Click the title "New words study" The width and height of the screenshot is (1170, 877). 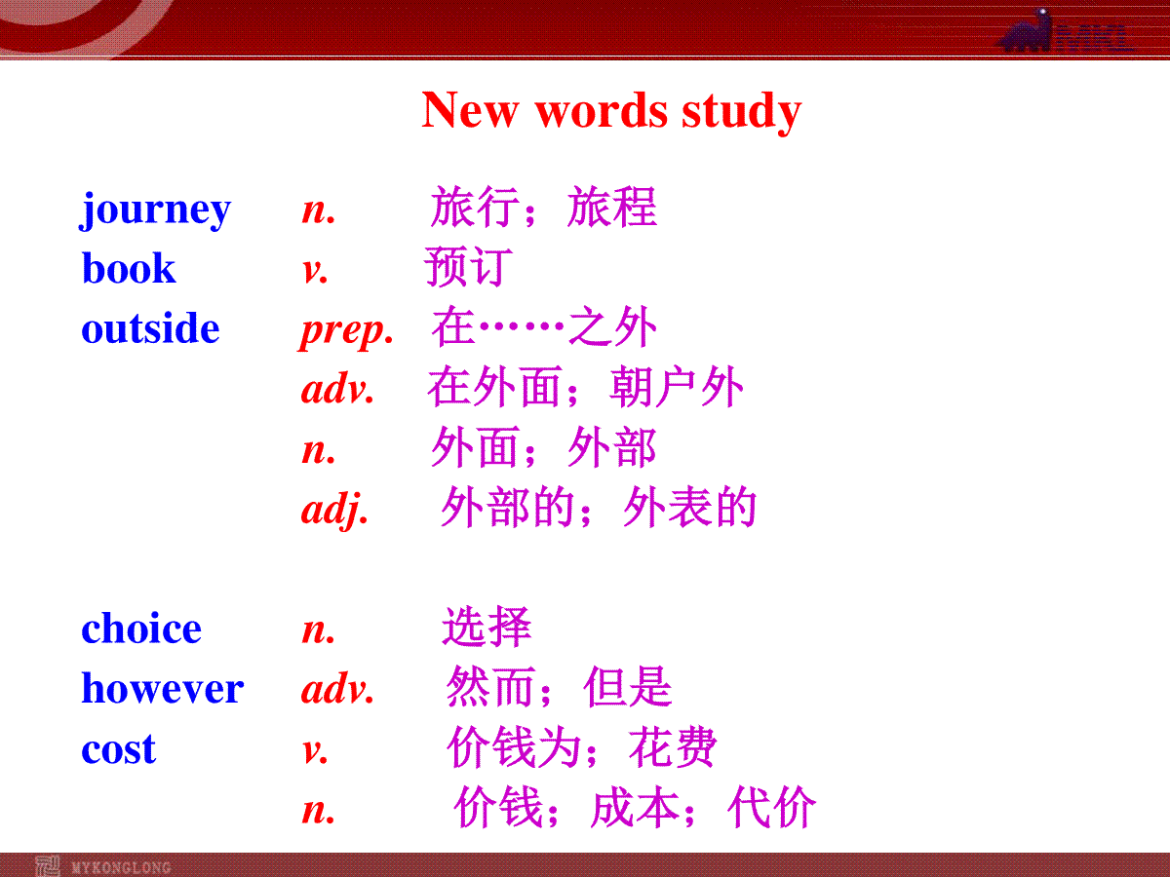tap(611, 111)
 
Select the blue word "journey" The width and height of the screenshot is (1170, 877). tap(155, 210)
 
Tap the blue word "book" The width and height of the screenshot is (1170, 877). tap(129, 267)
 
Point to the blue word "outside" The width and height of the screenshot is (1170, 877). tap(150, 327)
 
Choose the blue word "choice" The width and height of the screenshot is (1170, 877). tap(141, 628)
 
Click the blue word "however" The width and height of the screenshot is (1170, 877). tap(163, 687)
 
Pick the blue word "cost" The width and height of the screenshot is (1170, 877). tap(118, 748)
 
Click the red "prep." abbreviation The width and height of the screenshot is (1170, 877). tap(346, 331)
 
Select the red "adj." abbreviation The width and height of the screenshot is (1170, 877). tap(334, 510)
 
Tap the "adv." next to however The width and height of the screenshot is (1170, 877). tap(338, 688)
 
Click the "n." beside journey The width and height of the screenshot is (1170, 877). tap(319, 210)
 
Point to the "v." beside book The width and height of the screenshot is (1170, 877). tap(315, 271)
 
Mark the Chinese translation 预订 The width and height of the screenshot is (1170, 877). tap(469, 266)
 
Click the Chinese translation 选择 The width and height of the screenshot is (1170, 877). tap(487, 627)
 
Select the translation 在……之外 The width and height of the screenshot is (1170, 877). tap(544, 325)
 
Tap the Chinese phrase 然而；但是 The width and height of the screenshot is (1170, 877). tap(559, 686)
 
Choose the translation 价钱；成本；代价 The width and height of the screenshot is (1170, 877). tap(635, 807)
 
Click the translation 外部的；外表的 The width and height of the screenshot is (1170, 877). tap(599, 507)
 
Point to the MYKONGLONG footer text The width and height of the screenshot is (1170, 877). tap(121, 867)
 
